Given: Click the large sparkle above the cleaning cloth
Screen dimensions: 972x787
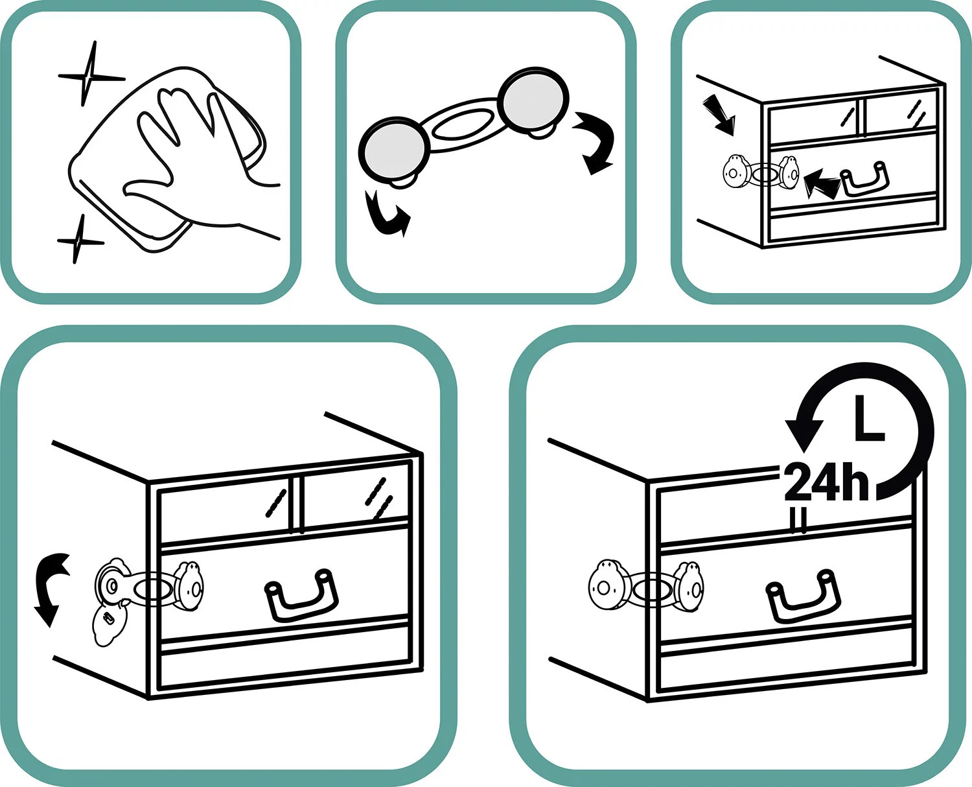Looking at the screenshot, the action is pos(90,76).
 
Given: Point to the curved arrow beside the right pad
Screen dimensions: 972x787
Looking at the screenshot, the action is pos(595,141).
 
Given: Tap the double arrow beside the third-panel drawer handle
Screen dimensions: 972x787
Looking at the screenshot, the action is pos(822,183).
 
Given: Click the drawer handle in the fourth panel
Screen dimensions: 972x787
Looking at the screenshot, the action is pos(301,595).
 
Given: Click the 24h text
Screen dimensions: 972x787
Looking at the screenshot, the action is pos(826,482).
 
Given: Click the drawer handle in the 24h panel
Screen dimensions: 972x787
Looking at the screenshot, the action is pos(803,596).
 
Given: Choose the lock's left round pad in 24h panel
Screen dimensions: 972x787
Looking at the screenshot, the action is pos(608,586).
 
